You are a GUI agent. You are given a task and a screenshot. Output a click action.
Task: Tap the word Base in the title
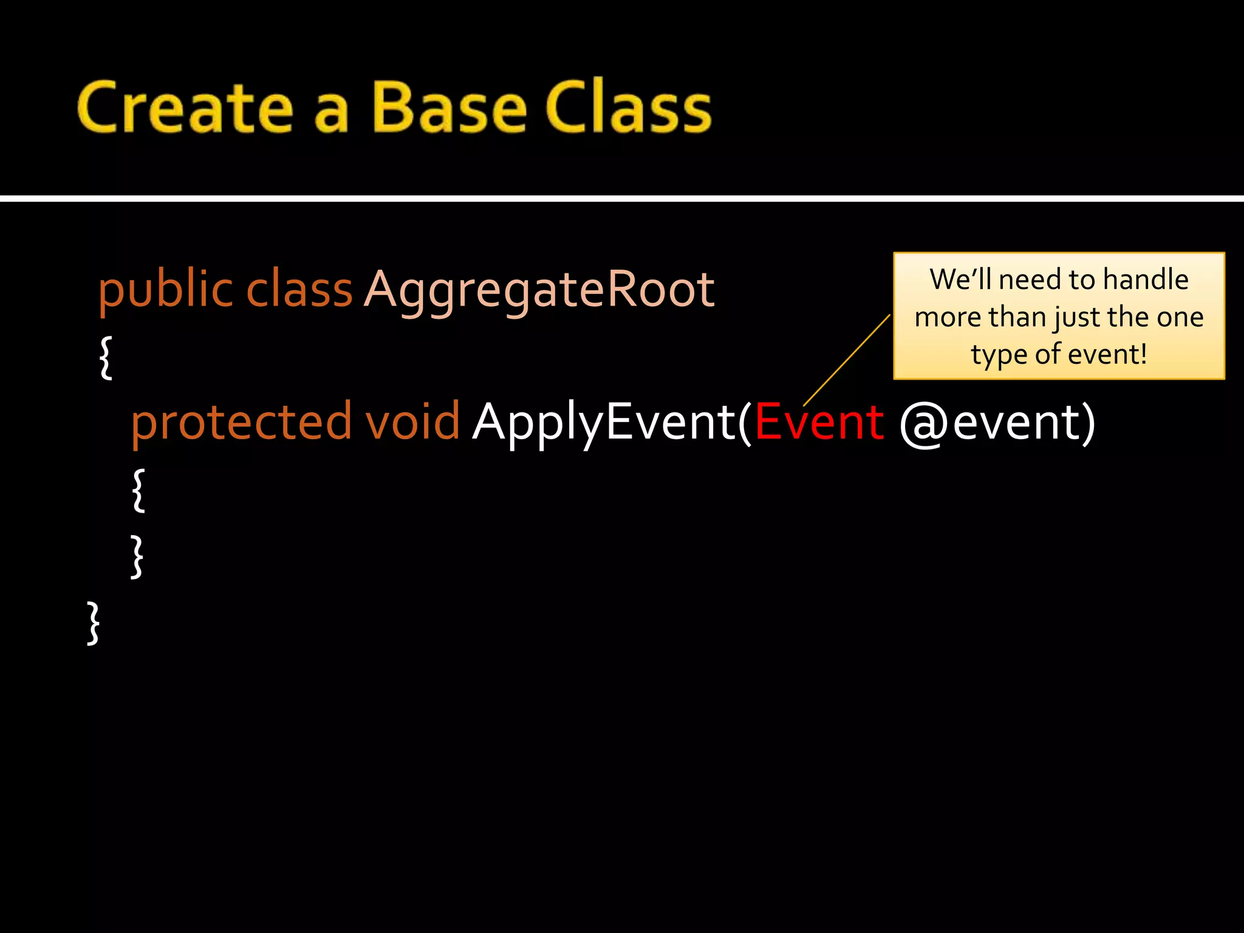pos(449,108)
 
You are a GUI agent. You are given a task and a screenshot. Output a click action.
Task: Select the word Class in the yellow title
pos(628,108)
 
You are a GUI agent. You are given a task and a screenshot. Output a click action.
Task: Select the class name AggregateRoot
pos(539,290)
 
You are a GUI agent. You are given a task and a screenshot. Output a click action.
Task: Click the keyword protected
pos(241,422)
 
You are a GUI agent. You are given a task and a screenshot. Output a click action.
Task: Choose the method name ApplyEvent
pos(604,423)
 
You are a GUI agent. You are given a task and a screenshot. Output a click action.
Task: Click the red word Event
pos(818,422)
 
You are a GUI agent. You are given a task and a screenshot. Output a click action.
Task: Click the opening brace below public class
pos(106,358)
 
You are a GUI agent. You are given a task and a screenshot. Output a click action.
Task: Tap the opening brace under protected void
pos(138,490)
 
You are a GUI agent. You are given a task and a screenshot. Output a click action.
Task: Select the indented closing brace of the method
pos(137,556)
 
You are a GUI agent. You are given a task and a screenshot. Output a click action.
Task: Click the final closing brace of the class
pos(93,623)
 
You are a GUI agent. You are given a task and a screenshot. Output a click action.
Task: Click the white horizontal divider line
pos(622,198)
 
